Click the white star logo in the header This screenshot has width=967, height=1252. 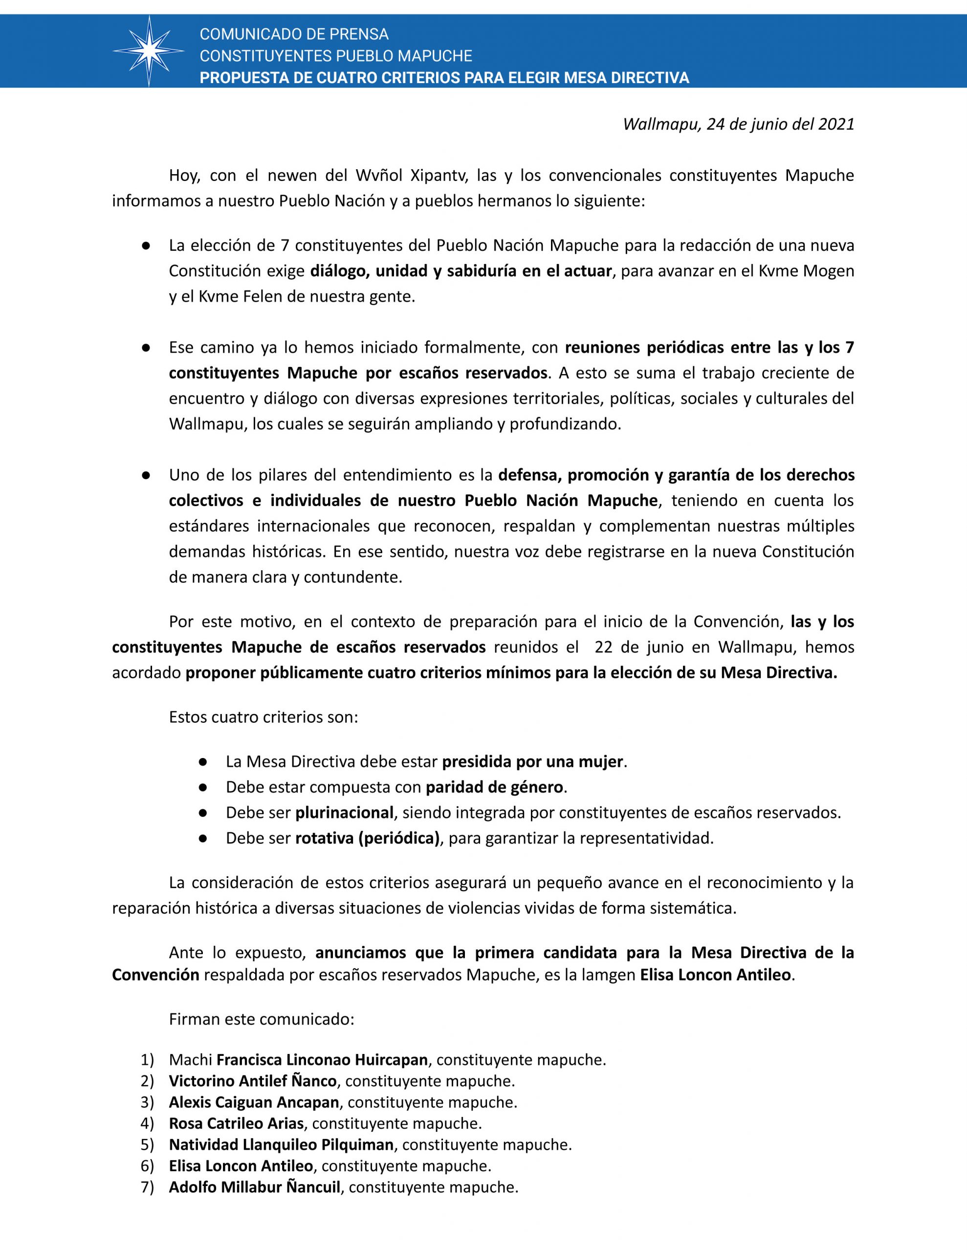click(149, 51)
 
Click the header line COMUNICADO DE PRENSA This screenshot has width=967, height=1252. click(294, 34)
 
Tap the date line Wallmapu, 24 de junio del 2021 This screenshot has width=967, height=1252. click(738, 124)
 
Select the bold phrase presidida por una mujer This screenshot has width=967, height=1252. click(532, 762)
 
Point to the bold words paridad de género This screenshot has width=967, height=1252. click(494, 787)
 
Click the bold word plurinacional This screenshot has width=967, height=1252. click(345, 812)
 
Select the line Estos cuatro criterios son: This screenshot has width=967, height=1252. click(263, 717)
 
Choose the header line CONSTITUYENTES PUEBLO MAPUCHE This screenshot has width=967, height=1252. click(336, 56)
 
